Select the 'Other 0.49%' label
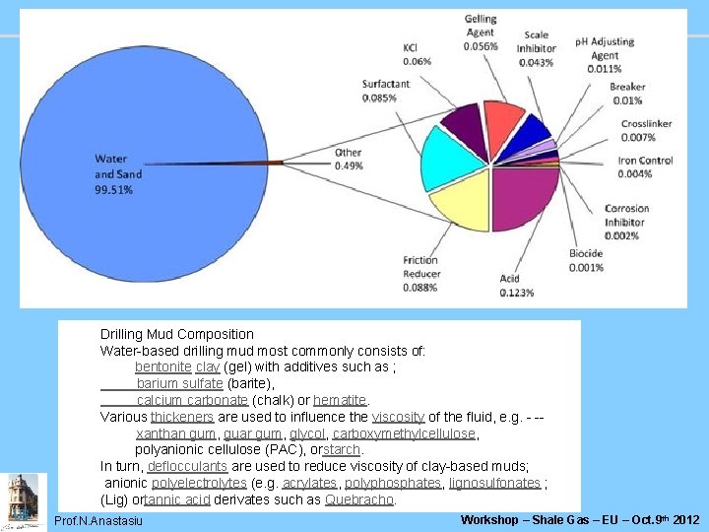pyautogui.click(x=349, y=159)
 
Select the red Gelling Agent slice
pyautogui.click(x=502, y=120)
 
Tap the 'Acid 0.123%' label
pyautogui.click(x=516, y=286)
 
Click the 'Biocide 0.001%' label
pyautogui.click(x=586, y=260)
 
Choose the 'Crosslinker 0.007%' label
pyautogui.click(x=646, y=130)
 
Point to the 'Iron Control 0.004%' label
pyautogui.click(x=645, y=167)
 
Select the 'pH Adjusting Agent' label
pyautogui.click(x=605, y=55)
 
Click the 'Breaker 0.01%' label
pyautogui.click(x=627, y=94)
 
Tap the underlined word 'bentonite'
pyautogui.click(x=163, y=367)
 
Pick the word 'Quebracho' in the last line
pyautogui.click(x=359, y=499)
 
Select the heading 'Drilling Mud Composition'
pyautogui.click(x=177, y=334)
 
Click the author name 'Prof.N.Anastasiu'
pyautogui.click(x=98, y=520)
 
